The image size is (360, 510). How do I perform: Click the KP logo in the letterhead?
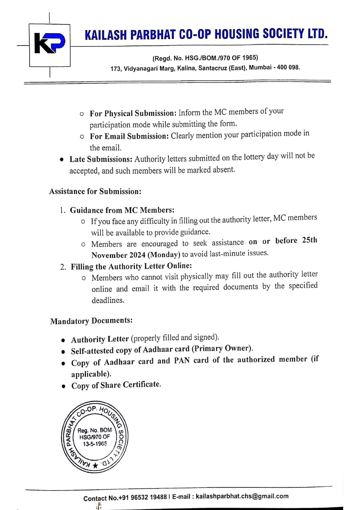tap(50, 45)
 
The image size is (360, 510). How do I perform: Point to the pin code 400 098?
tap(288, 67)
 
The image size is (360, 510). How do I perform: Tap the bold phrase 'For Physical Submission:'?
tap(133, 113)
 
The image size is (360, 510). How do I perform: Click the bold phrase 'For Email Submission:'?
tap(129, 136)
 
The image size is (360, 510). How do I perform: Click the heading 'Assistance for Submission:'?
tap(95, 191)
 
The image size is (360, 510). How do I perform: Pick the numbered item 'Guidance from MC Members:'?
tap(122, 210)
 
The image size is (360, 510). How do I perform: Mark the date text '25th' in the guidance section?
tap(309, 240)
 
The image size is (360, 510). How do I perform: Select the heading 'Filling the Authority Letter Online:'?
tap(131, 266)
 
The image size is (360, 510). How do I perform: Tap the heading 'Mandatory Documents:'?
tap(91, 321)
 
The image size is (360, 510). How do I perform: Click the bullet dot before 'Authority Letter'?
tap(64, 340)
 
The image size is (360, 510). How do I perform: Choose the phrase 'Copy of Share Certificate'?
tap(116, 385)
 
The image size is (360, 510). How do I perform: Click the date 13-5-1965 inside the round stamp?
tap(95, 444)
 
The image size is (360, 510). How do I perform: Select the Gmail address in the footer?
tap(242, 496)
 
